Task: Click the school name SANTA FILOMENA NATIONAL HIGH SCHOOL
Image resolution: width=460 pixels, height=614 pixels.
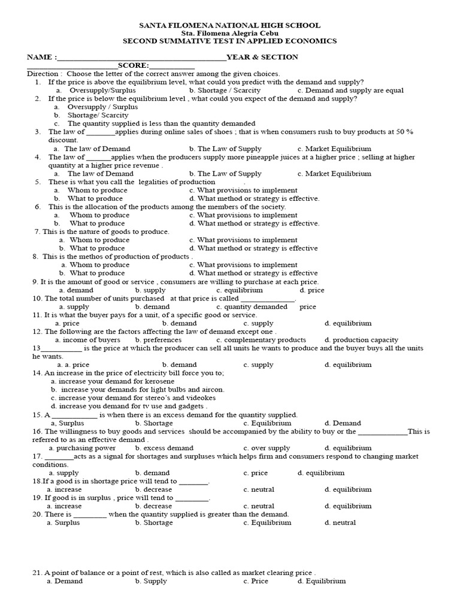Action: pyautogui.click(x=229, y=25)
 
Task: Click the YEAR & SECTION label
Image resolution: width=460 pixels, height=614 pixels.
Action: pyautogui.click(x=262, y=57)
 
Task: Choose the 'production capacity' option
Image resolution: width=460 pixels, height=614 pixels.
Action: pyautogui.click(x=361, y=339)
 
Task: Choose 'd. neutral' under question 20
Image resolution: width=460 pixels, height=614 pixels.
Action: pyautogui.click(x=340, y=522)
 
